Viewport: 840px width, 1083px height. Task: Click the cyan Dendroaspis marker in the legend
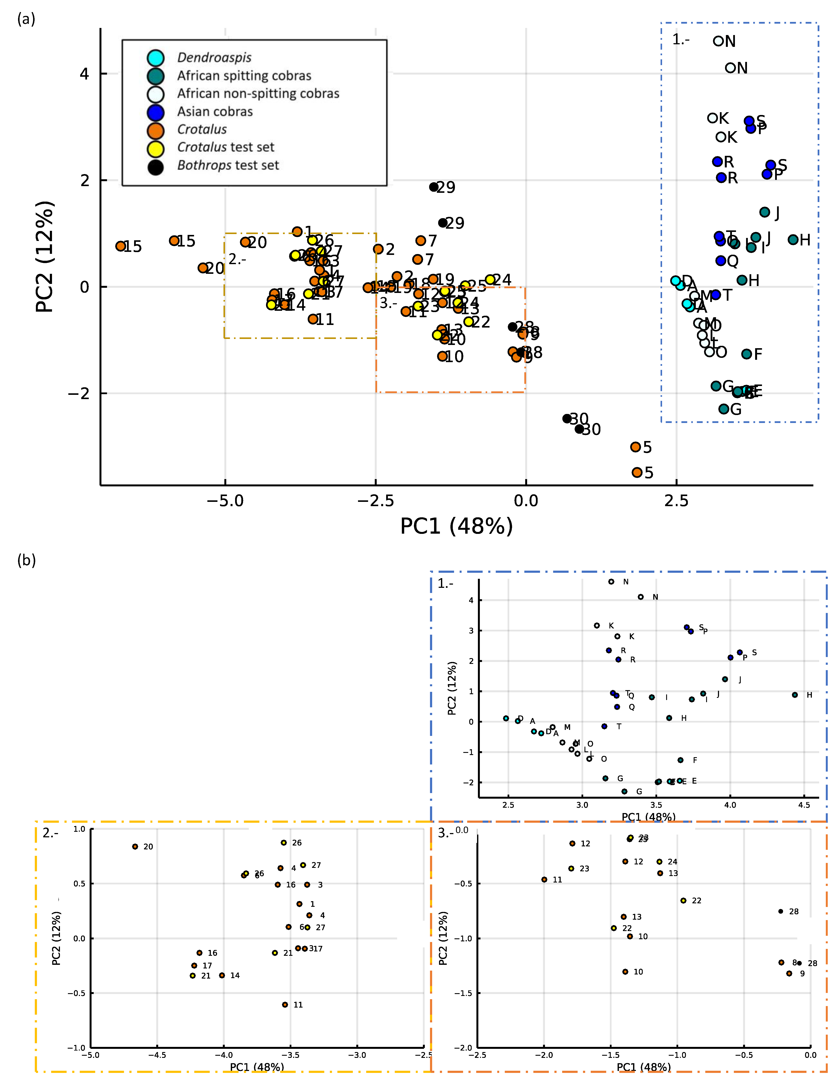point(156,58)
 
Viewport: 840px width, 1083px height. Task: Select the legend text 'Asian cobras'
point(215,112)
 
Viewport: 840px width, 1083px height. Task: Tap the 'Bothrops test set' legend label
point(228,165)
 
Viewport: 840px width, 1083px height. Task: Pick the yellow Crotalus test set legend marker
point(156,148)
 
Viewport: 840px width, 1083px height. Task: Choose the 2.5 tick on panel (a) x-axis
point(676,501)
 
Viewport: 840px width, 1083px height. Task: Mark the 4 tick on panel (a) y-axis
point(84,74)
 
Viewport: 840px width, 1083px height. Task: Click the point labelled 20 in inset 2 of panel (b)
point(135,846)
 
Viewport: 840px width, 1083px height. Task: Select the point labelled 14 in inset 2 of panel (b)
point(222,975)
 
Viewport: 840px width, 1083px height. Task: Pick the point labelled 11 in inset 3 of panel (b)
point(544,880)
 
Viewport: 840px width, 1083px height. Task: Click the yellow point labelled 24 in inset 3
point(659,862)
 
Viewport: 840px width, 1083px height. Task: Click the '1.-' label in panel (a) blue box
point(680,40)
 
